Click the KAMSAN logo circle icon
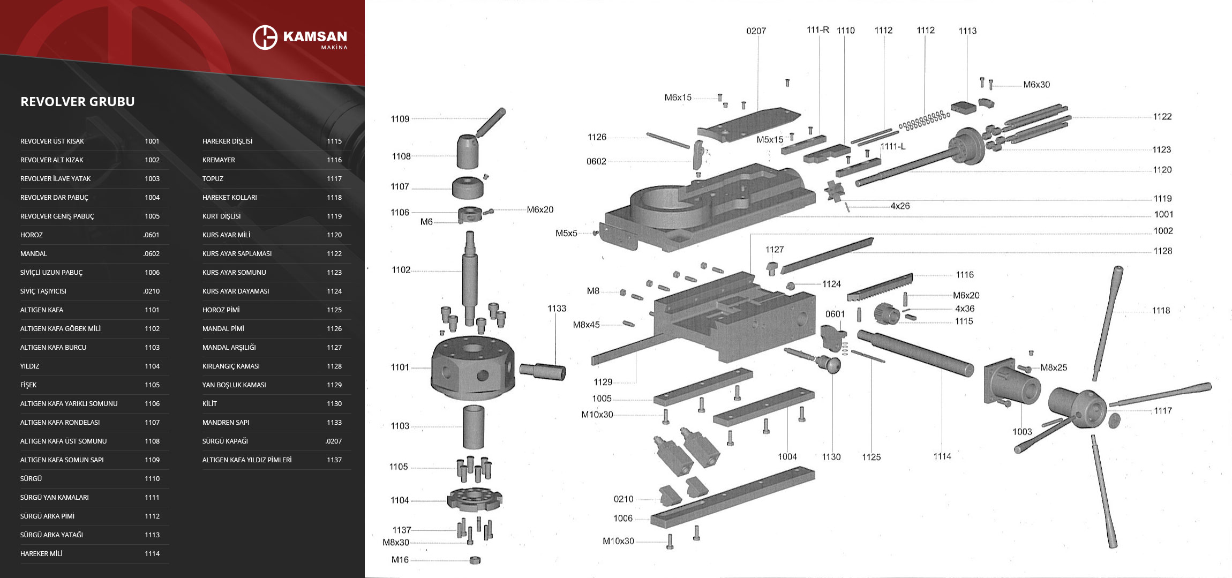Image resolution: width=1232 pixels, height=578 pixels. tap(265, 37)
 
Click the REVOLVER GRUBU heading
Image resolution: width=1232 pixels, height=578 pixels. tap(78, 102)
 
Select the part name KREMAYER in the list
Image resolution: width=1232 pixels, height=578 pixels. tap(219, 160)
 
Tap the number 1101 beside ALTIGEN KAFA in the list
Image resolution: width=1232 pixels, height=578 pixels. tap(152, 310)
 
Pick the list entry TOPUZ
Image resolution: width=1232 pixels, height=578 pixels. tap(213, 179)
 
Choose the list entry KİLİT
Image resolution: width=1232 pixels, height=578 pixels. tap(209, 404)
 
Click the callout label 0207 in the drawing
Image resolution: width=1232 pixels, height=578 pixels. tap(756, 31)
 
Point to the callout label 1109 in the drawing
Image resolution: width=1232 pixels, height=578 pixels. tap(400, 119)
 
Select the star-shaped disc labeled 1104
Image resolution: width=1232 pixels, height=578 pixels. tap(474, 499)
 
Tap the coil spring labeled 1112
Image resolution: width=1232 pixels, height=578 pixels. tap(925, 121)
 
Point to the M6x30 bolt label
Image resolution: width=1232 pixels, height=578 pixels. tap(1036, 85)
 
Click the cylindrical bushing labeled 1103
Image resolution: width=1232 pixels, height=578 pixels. tap(474, 427)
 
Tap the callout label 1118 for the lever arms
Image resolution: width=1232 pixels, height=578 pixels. tap(1161, 311)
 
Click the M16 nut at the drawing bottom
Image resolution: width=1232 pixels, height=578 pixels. tap(475, 560)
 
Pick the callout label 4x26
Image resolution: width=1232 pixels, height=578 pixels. tap(900, 206)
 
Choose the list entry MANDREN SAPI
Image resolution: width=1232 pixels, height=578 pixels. tap(226, 423)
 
